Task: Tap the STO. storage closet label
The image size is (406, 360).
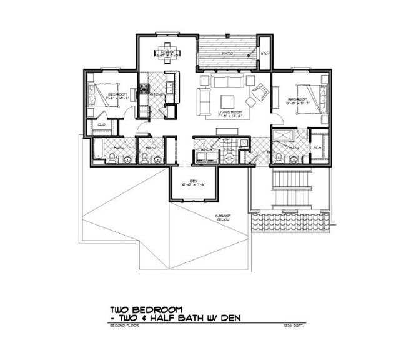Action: [264, 53]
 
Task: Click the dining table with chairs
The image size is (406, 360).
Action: [167, 52]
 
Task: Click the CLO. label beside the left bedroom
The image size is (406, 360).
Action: [102, 124]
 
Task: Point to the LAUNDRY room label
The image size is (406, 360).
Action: [209, 151]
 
